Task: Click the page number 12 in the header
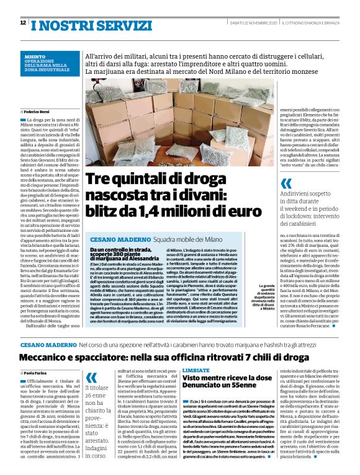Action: [23, 23]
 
